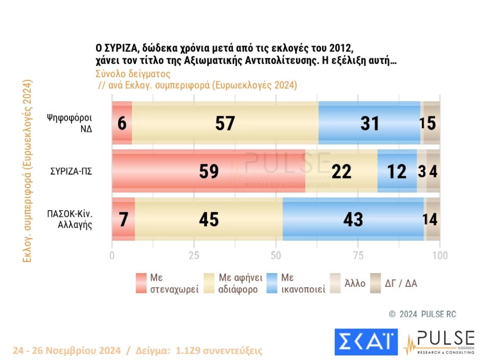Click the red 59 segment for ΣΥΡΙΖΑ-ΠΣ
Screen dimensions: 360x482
[x=209, y=171]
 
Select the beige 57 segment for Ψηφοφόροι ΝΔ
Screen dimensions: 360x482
[x=225, y=123]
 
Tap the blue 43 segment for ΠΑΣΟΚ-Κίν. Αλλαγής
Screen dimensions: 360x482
[x=353, y=219]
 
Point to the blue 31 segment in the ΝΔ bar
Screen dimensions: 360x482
[x=369, y=123]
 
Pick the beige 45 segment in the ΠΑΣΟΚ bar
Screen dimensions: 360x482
[x=209, y=219]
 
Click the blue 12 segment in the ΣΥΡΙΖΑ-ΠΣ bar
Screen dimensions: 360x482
[x=397, y=171]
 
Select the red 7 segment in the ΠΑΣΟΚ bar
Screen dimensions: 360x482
[x=124, y=219]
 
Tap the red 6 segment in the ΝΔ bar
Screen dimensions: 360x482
[x=122, y=123]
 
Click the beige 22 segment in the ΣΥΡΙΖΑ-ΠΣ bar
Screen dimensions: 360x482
[x=341, y=171]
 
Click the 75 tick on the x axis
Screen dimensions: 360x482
[x=358, y=256]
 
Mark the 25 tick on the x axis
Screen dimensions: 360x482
[x=194, y=256]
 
